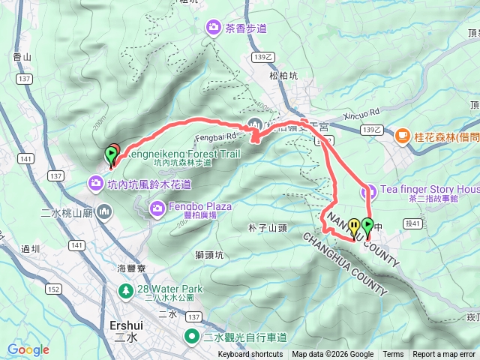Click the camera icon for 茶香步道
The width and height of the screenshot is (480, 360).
(214, 28)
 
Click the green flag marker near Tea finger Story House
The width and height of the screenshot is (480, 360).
(367, 224)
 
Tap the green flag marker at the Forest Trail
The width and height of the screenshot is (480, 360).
(111, 155)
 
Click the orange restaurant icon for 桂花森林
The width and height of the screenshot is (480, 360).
(402, 136)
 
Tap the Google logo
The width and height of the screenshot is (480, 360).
(28, 349)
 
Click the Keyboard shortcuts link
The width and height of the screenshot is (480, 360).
(250, 355)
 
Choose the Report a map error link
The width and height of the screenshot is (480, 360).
(444, 355)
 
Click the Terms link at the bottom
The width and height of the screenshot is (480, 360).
(393, 355)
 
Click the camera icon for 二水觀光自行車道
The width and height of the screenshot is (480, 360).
(192, 337)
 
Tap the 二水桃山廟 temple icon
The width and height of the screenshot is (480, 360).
(103, 213)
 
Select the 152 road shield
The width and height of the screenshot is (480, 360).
(54, 289)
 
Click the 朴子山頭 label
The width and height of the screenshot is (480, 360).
(267, 226)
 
